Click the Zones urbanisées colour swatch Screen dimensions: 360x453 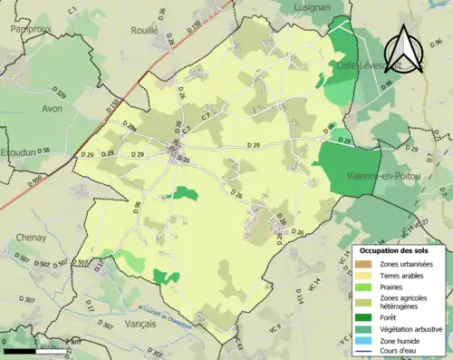pos(367,264)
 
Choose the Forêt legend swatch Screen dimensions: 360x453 pos(367,316)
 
